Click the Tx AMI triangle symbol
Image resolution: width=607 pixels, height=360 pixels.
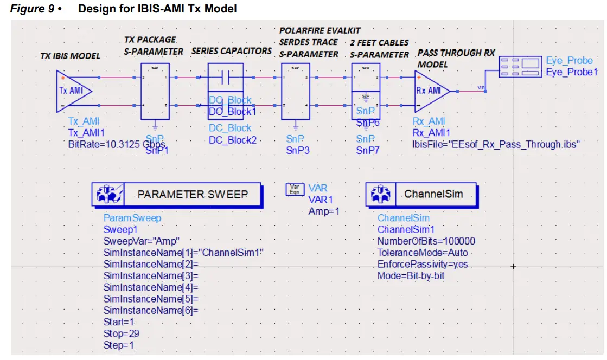tap(73, 91)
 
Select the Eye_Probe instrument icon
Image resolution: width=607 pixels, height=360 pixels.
tap(521, 66)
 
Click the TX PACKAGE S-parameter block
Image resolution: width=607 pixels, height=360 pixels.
tap(155, 91)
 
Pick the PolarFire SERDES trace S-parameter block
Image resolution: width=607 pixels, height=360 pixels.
tap(295, 91)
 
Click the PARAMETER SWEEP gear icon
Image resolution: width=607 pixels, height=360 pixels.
tap(107, 195)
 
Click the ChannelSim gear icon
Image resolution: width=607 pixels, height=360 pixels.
tap(381, 194)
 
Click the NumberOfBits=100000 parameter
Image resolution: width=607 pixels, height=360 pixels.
tap(426, 241)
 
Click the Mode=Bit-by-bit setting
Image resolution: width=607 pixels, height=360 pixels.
tap(411, 276)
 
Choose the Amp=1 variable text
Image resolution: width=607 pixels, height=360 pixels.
tap(323, 211)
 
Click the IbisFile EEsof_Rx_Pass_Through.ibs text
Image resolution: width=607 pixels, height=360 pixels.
tap(496, 145)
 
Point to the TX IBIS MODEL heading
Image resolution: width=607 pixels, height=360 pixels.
tap(70, 56)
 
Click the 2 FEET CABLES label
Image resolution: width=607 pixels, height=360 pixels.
tap(379, 43)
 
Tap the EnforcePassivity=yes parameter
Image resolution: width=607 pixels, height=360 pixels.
tap(422, 265)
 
